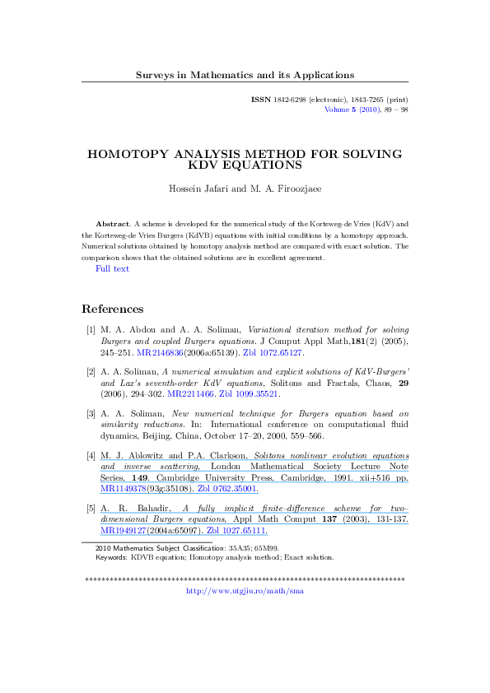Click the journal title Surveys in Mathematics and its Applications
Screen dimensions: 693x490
pos(245,75)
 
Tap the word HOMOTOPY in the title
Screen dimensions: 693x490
pos(136,154)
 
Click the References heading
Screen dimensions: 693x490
pos(113,309)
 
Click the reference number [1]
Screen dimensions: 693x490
pos(91,329)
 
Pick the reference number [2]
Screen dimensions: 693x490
pos(91,373)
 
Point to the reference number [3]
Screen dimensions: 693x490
pos(91,416)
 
